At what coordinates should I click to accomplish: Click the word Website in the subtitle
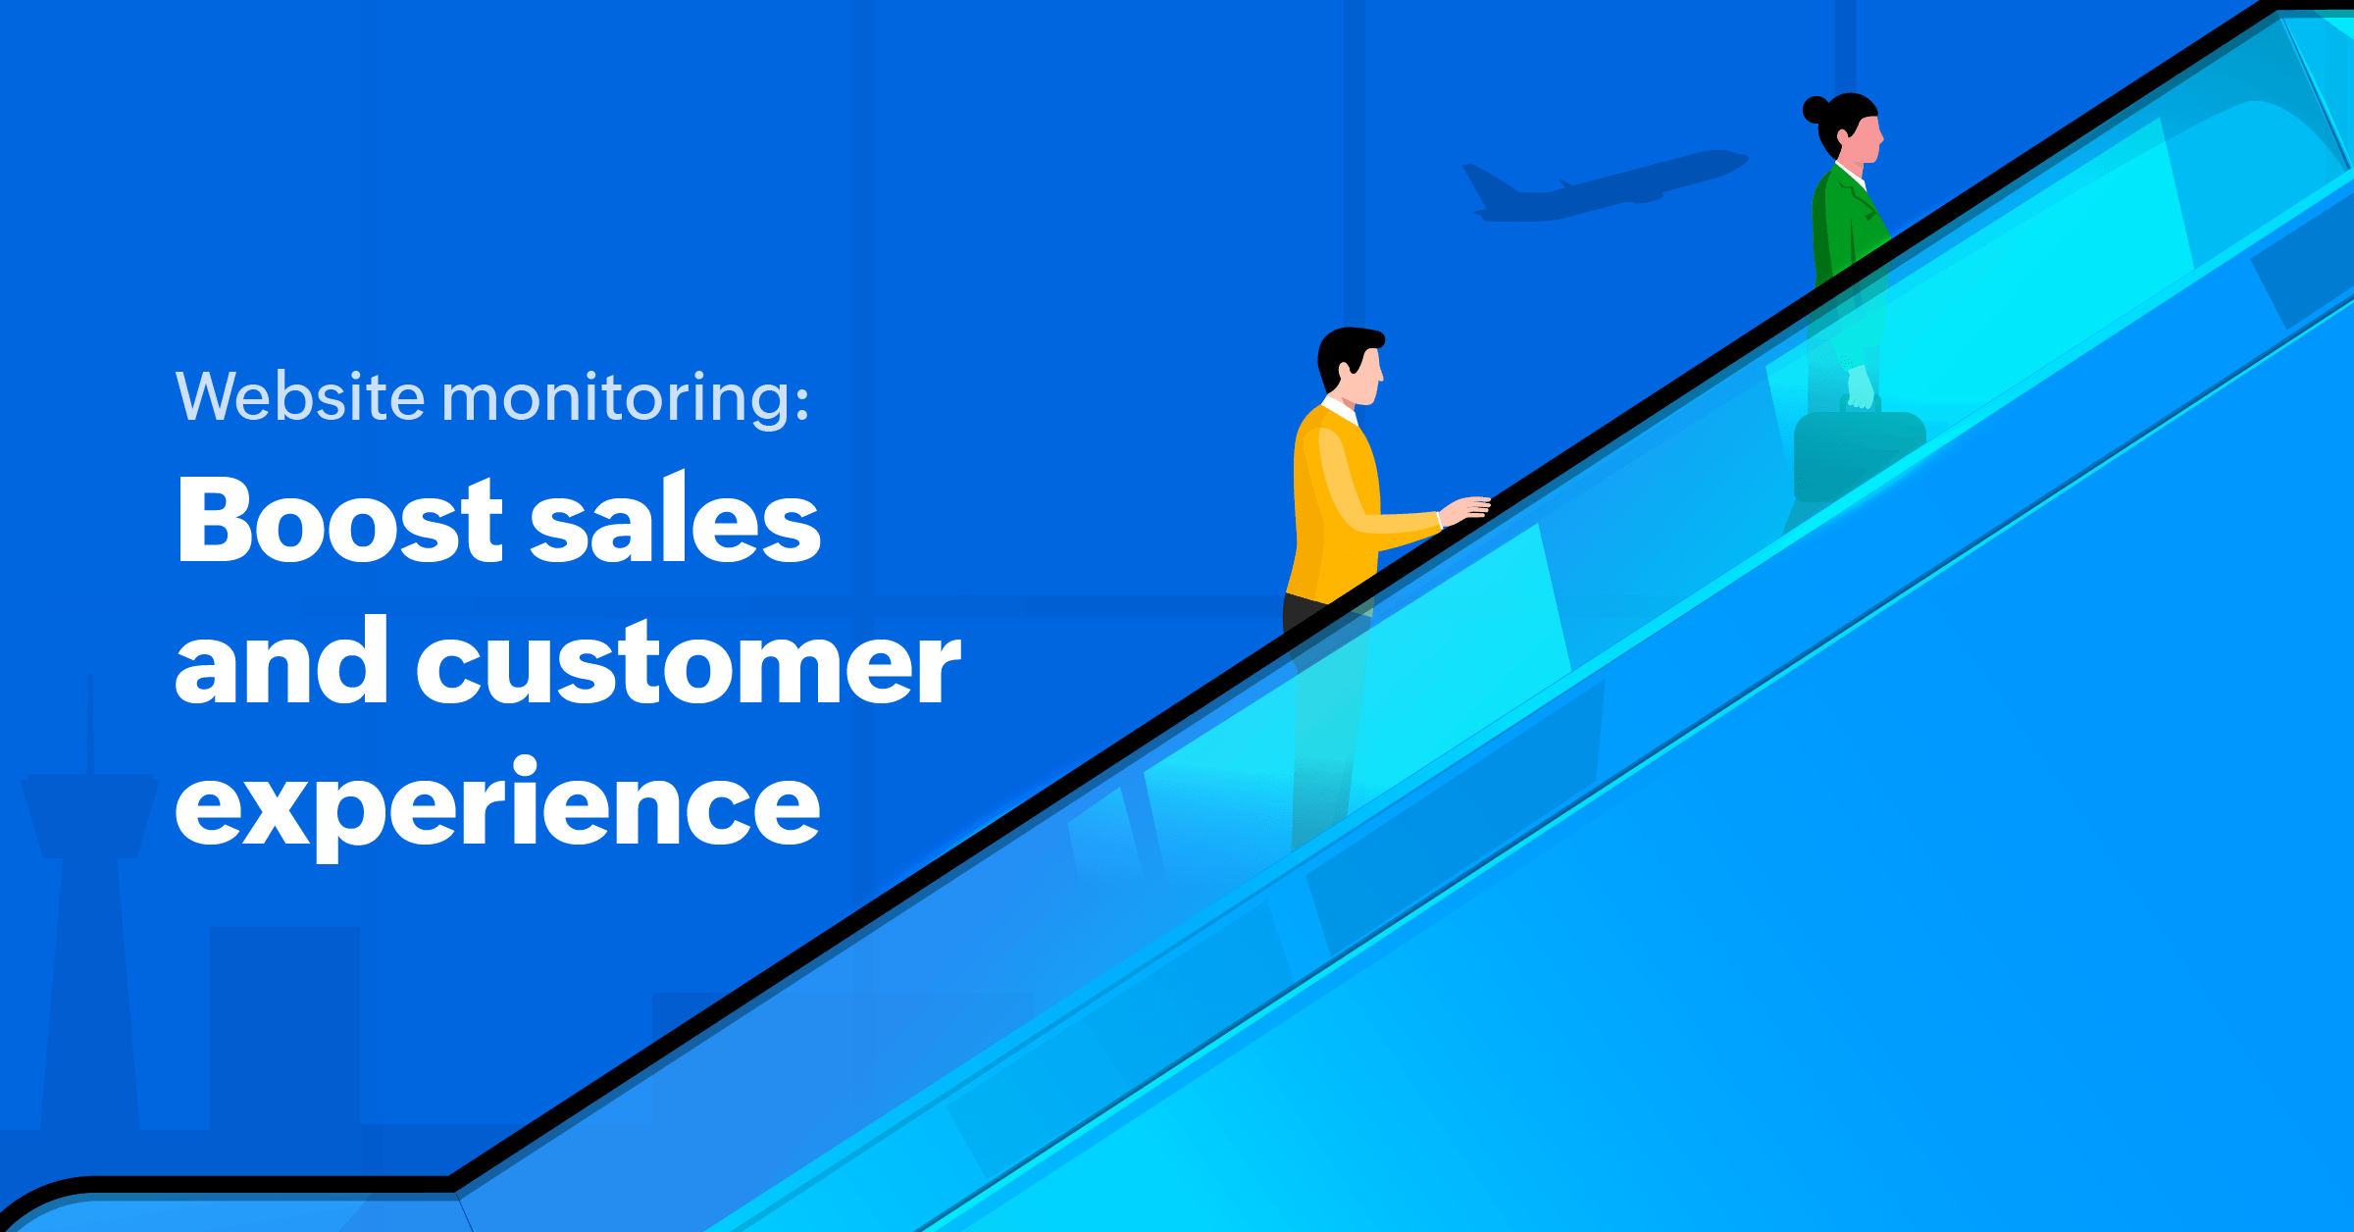301,396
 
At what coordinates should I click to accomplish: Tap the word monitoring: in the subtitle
626,398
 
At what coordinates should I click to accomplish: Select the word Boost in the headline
339,520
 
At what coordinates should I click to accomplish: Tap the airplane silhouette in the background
1604,185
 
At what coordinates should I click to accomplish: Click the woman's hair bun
1817,109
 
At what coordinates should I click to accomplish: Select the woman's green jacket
1846,226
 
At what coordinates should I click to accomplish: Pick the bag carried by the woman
1857,456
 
